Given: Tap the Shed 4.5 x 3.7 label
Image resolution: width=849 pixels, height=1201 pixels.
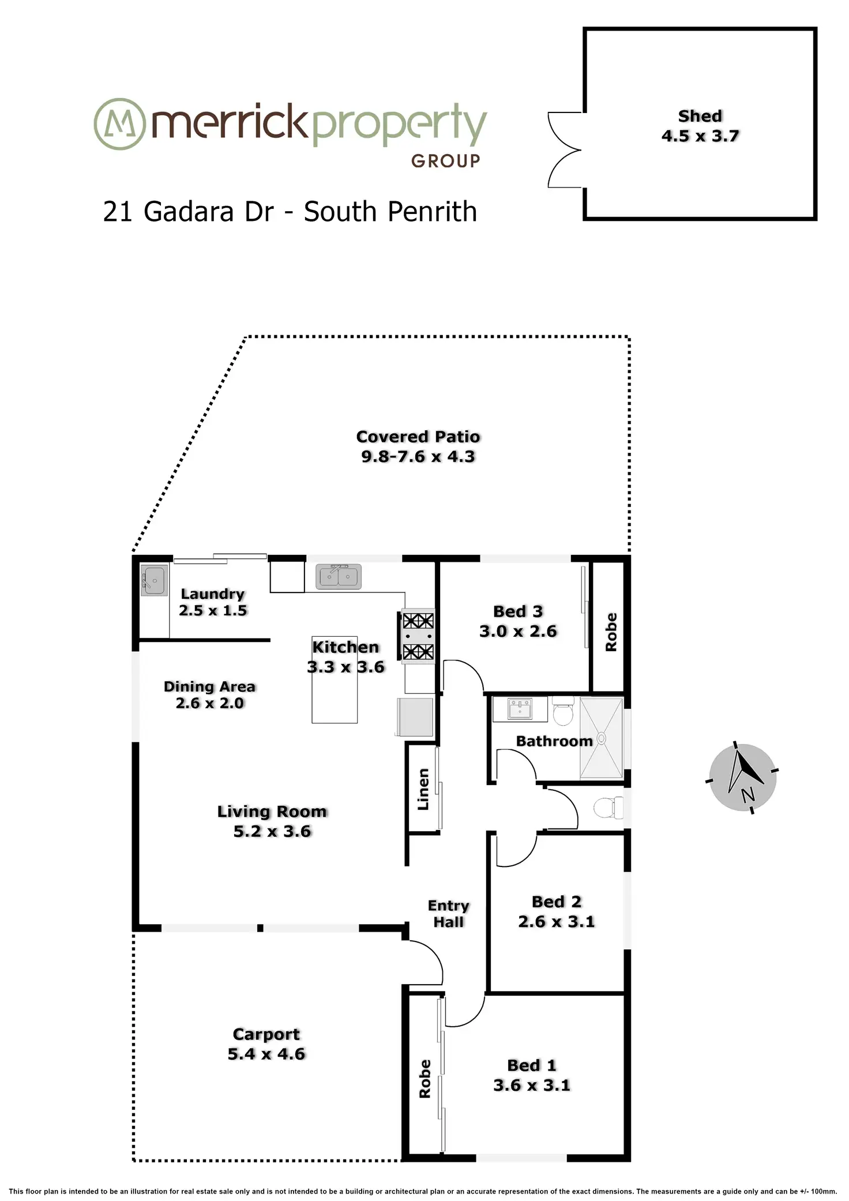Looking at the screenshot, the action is point(700,126).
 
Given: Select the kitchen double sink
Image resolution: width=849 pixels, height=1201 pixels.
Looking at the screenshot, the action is point(339,576).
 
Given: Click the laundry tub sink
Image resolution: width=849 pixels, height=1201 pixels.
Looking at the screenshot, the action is point(154,580).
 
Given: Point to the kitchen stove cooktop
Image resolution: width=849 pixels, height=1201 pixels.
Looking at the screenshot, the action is point(418,636).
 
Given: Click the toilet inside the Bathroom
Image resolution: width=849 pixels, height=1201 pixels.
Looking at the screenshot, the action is point(563,711).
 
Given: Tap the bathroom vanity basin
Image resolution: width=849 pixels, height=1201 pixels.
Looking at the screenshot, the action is point(520,709).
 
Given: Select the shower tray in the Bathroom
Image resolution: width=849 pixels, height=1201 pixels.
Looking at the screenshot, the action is point(602,738).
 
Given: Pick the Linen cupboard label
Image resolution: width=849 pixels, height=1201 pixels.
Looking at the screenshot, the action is point(423,789).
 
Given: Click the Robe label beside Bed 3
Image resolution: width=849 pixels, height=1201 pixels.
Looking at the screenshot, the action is point(611,632).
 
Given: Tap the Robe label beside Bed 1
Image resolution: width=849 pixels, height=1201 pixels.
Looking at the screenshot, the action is point(424,1079).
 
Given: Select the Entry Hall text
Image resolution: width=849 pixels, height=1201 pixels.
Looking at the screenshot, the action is point(449,914).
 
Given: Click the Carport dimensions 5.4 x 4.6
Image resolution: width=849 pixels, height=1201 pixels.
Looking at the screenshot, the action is point(266,1054).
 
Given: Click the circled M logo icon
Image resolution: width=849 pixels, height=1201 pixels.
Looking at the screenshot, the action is point(119,124).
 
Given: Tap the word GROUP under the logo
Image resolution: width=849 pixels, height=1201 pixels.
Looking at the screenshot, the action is point(445,161).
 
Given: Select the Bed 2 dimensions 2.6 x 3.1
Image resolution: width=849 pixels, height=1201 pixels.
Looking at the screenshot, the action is point(556,921).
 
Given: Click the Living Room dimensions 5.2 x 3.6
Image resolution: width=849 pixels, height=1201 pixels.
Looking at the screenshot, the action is point(272,831).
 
